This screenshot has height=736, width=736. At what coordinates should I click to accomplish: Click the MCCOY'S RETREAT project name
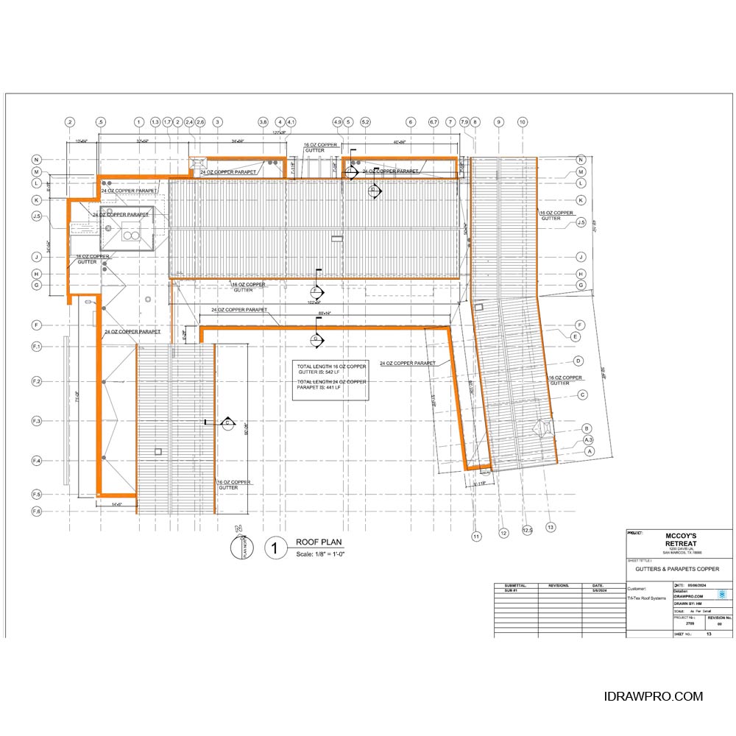[682, 540]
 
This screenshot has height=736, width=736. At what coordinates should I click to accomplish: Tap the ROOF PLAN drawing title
[315, 541]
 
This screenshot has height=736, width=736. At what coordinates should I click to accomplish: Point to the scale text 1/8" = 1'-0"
[320, 553]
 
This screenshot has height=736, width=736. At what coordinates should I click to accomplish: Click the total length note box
[330, 381]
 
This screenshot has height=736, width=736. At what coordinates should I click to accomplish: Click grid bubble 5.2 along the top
[365, 121]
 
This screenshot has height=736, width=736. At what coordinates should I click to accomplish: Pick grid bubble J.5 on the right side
[581, 222]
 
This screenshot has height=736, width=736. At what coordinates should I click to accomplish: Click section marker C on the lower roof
[228, 422]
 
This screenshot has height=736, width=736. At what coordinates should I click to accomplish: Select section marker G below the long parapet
[316, 339]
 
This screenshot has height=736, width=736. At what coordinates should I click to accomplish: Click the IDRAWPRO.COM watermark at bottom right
[653, 696]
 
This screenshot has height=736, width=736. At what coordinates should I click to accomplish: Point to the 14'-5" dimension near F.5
[116, 504]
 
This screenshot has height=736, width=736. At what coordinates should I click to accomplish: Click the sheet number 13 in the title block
[709, 634]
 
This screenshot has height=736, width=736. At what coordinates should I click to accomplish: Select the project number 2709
[690, 623]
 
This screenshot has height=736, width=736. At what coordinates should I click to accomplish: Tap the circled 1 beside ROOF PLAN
[275, 548]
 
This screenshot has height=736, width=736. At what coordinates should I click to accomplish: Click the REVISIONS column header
[559, 586]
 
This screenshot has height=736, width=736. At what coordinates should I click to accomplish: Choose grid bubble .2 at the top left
[70, 121]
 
